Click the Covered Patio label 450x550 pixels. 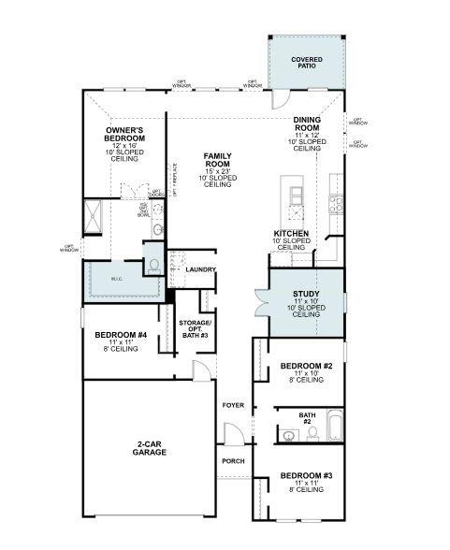coord(306,63)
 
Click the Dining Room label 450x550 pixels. coord(307,132)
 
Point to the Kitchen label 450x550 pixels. coord(291,234)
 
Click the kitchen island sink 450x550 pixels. coord(297,194)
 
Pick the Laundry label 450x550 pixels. coord(200,269)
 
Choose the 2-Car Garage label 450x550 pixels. coord(150,448)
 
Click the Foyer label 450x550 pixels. coord(233,405)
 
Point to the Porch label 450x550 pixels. coord(233,461)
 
